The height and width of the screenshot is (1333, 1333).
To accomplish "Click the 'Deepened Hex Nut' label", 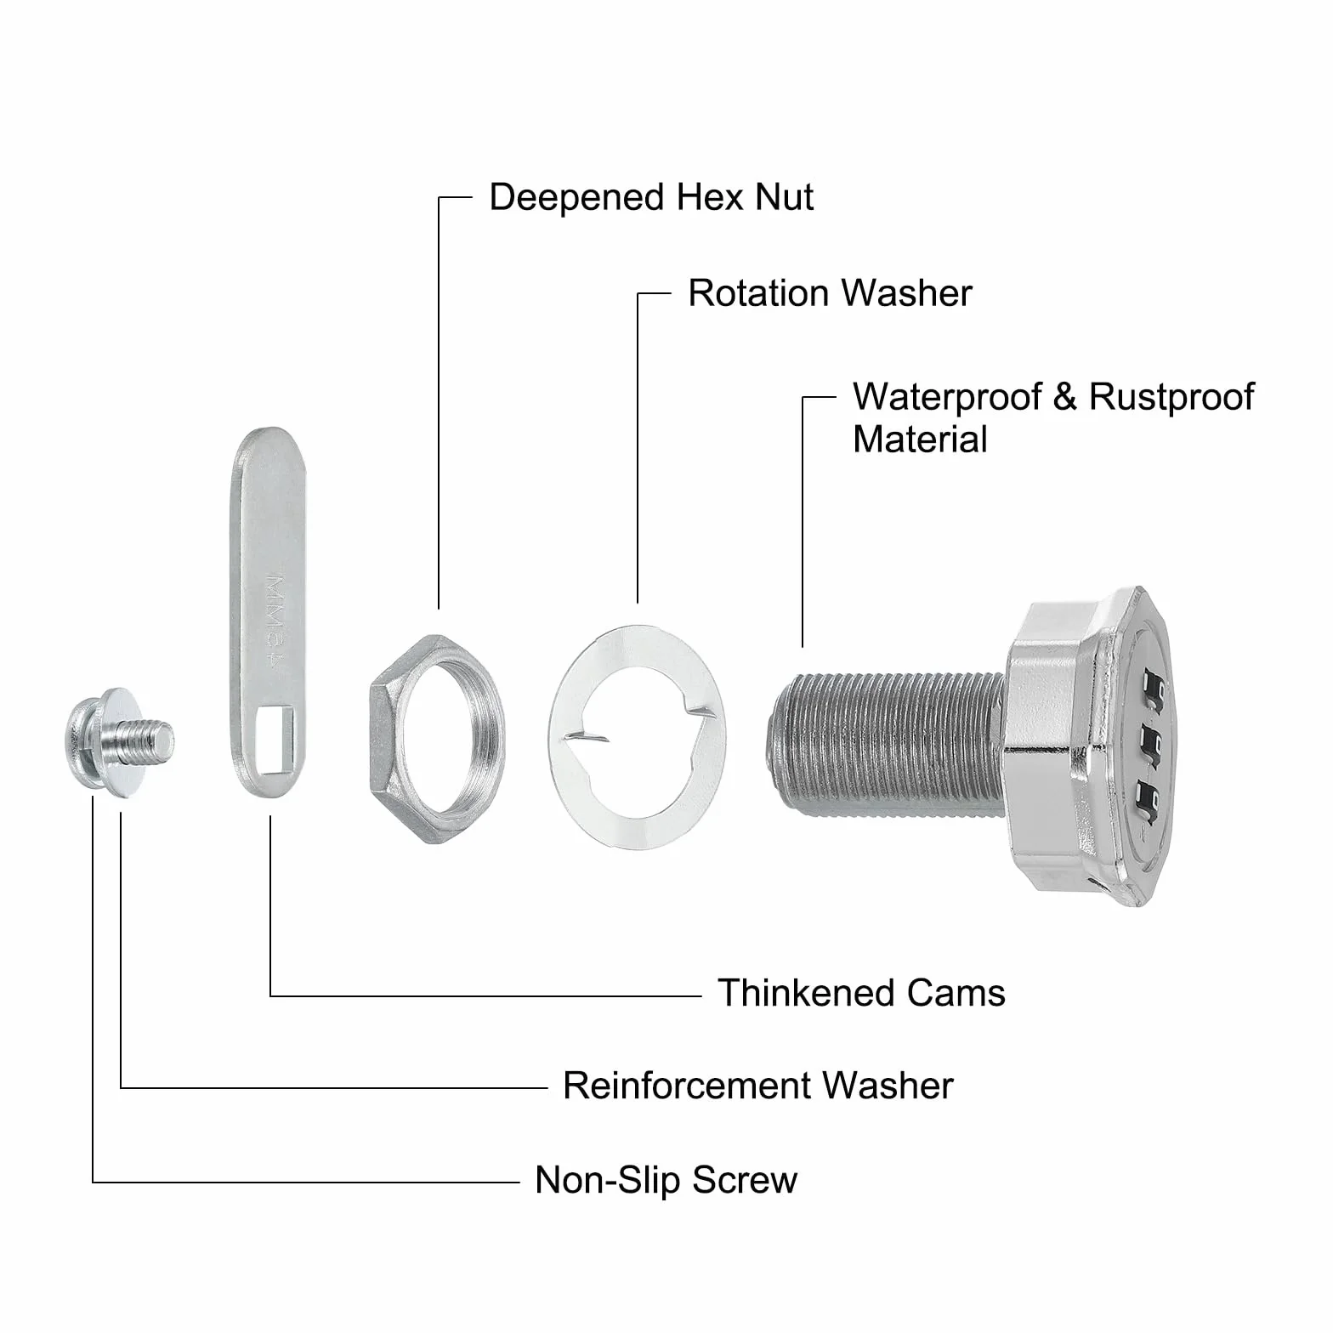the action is pyautogui.click(x=651, y=197).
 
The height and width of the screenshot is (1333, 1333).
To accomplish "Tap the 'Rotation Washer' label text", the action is pyautogui.click(x=830, y=293).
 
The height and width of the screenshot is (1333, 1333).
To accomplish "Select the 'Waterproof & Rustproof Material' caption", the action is pyautogui.click(x=1053, y=418).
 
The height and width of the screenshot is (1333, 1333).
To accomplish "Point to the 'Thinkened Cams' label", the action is pyautogui.click(x=861, y=993).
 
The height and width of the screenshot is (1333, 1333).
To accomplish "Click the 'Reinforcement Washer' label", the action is pyautogui.click(x=758, y=1086).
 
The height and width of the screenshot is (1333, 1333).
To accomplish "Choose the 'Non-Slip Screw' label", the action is pyautogui.click(x=666, y=1180).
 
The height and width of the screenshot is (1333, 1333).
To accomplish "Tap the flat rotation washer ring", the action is pyautogui.click(x=638, y=736).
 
